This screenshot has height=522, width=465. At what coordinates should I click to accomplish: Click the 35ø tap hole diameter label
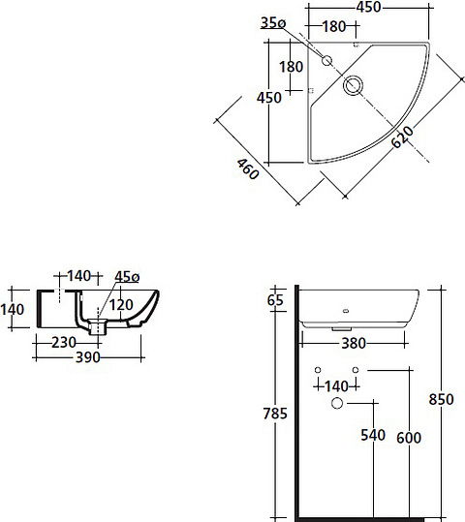tap(273, 24)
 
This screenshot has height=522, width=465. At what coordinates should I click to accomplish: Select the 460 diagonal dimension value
tap(248, 171)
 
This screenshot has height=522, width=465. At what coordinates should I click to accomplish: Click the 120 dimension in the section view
tap(120, 304)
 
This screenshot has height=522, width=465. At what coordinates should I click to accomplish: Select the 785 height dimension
tap(276, 415)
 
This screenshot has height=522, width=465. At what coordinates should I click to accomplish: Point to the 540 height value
tap(373, 436)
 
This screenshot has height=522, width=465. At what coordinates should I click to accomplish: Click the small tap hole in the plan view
tap(326, 61)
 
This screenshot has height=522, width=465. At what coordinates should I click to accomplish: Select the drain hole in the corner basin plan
tap(354, 86)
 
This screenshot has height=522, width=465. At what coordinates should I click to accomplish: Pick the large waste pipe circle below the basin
tap(338, 403)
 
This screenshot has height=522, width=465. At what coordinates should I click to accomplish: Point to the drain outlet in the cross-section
tap(96, 328)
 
